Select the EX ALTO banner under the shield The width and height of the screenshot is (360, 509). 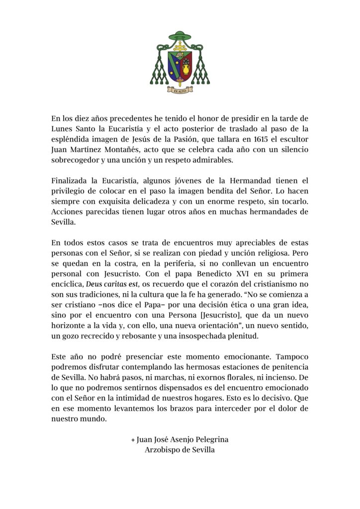(180, 91)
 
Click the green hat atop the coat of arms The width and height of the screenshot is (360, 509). (180, 36)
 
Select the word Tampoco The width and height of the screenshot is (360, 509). (291, 357)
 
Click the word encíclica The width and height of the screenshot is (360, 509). (67, 284)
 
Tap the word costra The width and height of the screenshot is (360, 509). (112, 263)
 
